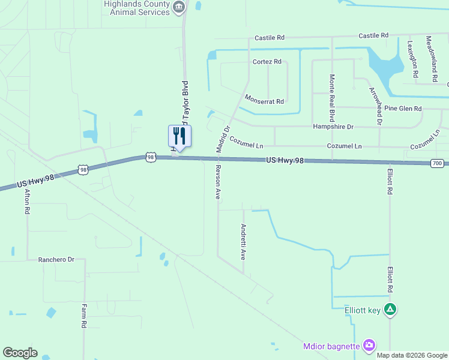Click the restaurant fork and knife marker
click(179, 135)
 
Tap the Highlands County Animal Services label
click(136, 7)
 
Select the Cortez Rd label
click(267, 62)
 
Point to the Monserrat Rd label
click(264, 101)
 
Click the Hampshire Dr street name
click(333, 127)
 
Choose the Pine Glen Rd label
click(403, 109)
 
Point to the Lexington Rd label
click(412, 59)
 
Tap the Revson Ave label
click(218, 182)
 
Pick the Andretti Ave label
click(243, 241)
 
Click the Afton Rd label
click(27, 203)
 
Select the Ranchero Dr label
click(56, 260)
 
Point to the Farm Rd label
click(84, 316)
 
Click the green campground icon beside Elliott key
click(390, 310)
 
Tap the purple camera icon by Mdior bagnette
click(369, 345)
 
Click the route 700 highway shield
click(437, 163)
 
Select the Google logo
click(20, 353)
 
